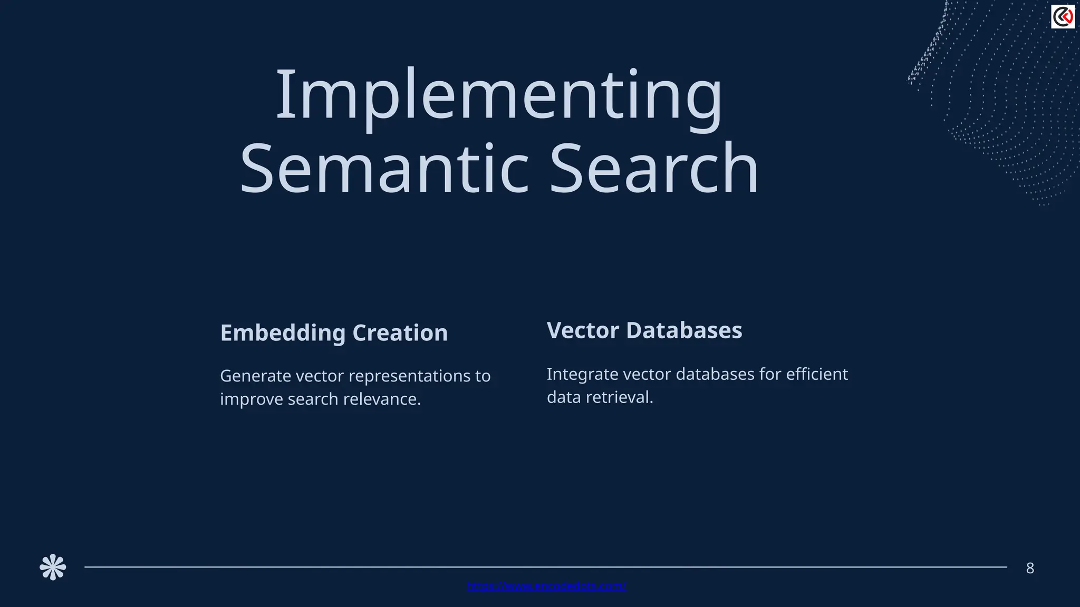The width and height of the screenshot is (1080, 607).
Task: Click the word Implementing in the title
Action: tap(498, 95)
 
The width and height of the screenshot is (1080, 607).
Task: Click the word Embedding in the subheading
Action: tap(283, 333)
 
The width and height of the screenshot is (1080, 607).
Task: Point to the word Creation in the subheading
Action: tap(400, 333)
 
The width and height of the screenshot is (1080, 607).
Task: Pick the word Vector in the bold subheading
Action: tap(583, 330)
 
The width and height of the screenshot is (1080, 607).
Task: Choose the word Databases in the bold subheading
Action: tap(684, 330)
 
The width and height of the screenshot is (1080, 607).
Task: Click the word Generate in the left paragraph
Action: tap(255, 376)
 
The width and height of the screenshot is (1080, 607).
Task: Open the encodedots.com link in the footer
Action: tap(546, 586)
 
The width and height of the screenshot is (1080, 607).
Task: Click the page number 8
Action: tap(1030, 568)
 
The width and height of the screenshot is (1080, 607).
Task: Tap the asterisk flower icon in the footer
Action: tap(53, 567)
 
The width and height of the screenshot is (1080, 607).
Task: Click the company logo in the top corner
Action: tap(1063, 17)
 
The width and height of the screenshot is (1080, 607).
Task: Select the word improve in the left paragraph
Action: tap(251, 399)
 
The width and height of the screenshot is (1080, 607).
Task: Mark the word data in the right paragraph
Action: tap(563, 397)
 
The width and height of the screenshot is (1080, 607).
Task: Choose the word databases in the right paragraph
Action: tap(715, 374)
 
